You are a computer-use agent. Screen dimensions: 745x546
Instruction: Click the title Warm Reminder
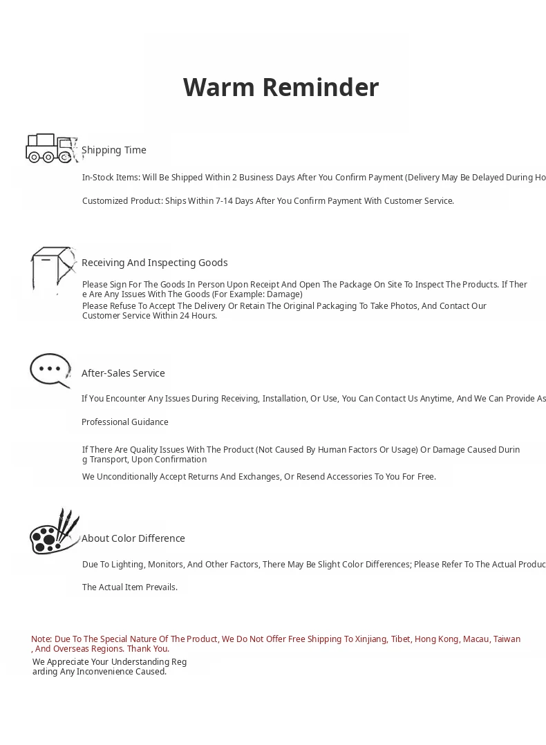tap(281, 88)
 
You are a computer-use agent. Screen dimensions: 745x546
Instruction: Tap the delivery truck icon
tap(50, 148)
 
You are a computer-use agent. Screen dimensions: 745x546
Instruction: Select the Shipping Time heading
tap(114, 150)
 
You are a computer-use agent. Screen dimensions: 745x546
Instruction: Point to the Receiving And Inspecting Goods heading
tap(154, 263)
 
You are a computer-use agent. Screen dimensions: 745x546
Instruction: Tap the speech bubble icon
tap(50, 370)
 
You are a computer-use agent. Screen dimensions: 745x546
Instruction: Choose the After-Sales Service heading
tap(123, 373)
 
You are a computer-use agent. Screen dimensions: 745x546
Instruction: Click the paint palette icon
tap(54, 532)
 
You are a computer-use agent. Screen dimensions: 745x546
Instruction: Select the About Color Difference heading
tap(133, 538)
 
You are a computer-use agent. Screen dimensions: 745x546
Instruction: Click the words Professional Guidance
tap(125, 422)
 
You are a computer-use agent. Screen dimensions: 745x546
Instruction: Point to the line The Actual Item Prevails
tap(130, 587)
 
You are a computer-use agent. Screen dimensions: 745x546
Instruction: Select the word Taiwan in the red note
tap(507, 639)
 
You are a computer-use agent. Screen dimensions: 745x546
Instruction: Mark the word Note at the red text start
tap(41, 639)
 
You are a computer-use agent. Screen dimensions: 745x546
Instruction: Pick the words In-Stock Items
tap(111, 178)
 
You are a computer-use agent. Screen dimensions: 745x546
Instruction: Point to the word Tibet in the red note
tap(400, 639)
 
